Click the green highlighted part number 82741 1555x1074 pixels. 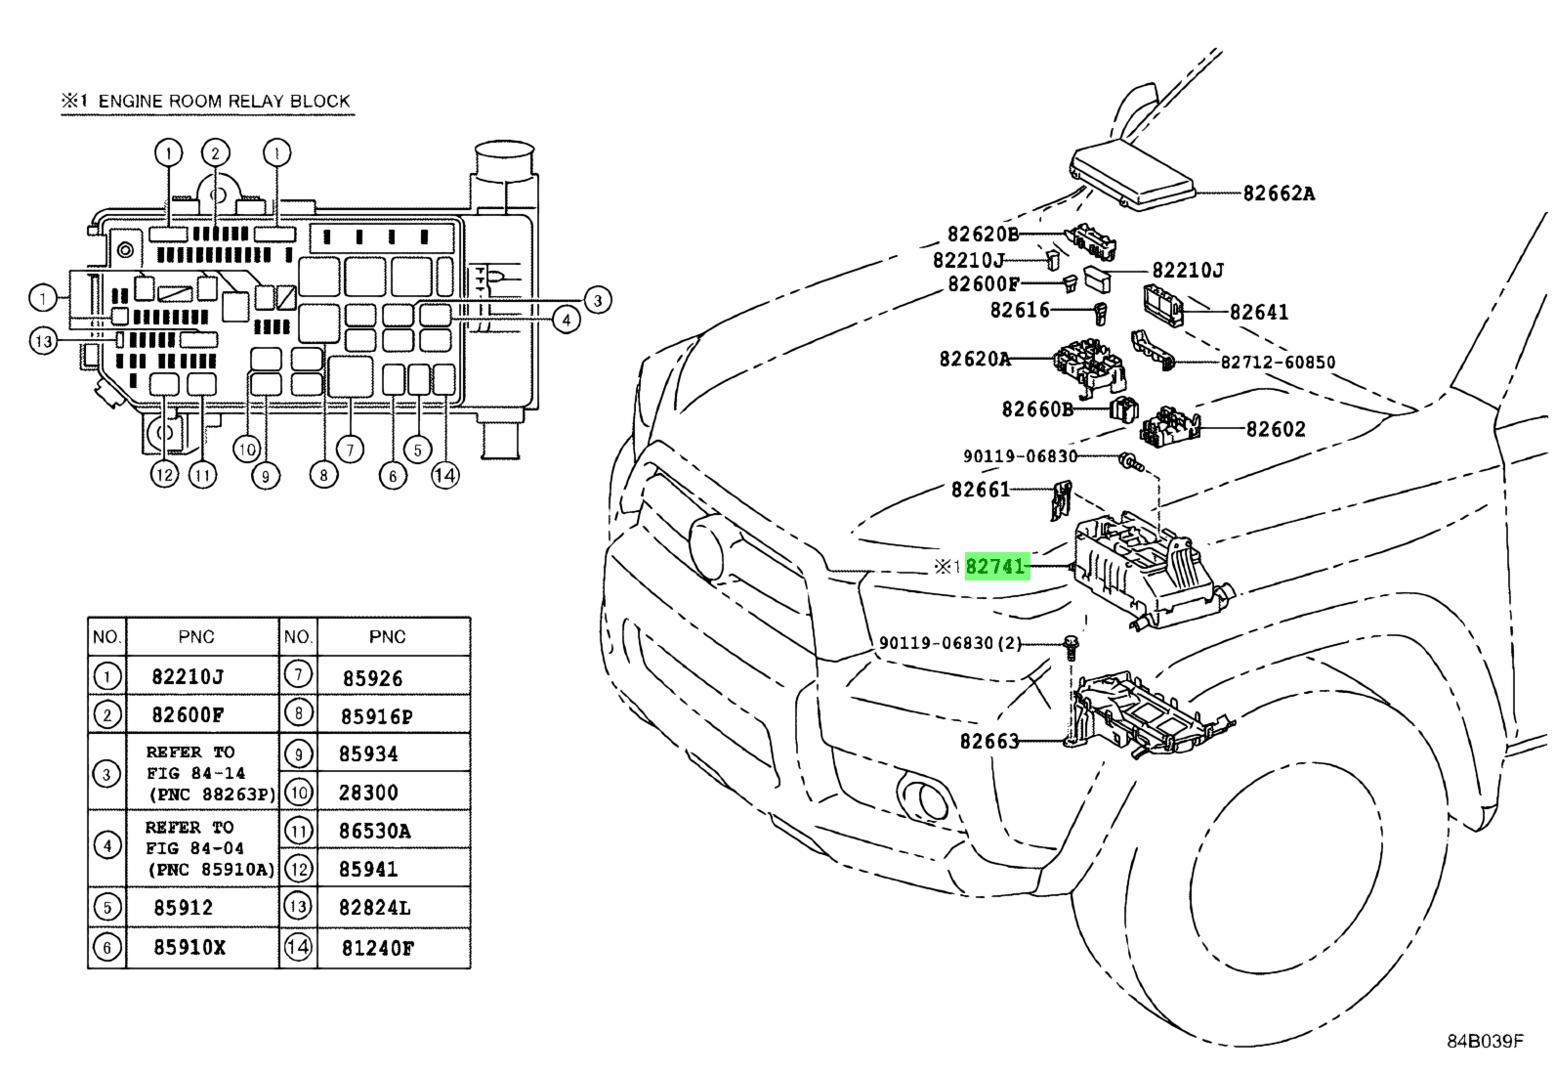(996, 567)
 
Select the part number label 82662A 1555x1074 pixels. (1279, 193)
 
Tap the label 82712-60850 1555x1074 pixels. (1278, 363)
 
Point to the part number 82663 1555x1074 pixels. (988, 742)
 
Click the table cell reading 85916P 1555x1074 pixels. (376, 716)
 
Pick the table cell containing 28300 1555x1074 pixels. (368, 793)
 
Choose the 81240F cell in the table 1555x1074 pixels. (377, 948)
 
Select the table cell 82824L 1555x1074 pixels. (374, 908)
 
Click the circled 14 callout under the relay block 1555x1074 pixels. (444, 476)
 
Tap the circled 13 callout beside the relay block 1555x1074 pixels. (43, 341)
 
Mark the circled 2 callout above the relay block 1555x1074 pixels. (216, 152)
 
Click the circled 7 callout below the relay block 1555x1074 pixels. (349, 449)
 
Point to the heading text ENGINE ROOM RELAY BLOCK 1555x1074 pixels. (224, 101)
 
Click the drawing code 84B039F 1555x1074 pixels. (1485, 1041)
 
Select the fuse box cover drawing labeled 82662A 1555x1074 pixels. (1133, 176)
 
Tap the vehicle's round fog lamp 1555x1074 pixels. (923, 796)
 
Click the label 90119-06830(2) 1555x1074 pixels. (950, 643)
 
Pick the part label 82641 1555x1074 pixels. (1259, 313)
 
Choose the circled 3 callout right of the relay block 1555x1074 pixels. (597, 300)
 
